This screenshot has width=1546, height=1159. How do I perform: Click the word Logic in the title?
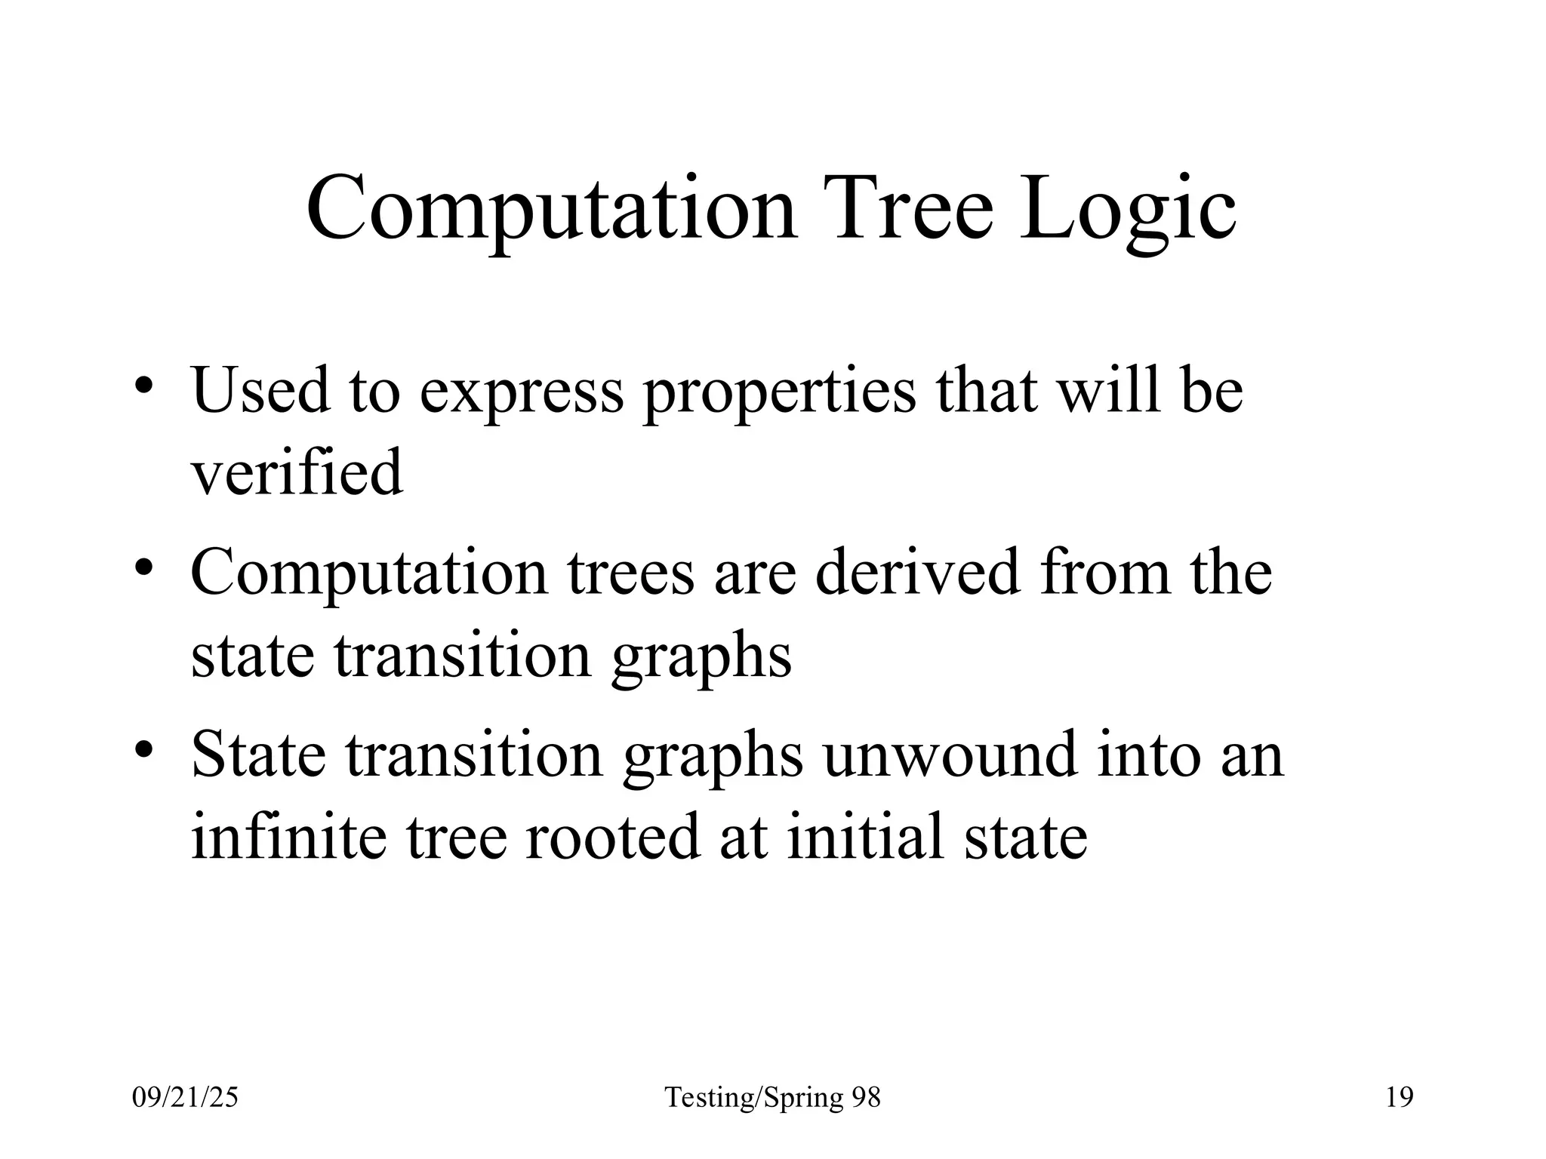[1128, 208]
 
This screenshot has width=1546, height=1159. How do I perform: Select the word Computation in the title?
[551, 208]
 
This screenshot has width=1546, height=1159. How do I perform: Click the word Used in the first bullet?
[261, 389]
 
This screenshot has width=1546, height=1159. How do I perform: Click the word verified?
[297, 472]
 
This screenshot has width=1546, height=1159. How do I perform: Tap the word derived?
[917, 572]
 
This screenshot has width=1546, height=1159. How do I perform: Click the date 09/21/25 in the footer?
[185, 1096]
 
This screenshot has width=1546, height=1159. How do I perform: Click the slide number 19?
[1400, 1096]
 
